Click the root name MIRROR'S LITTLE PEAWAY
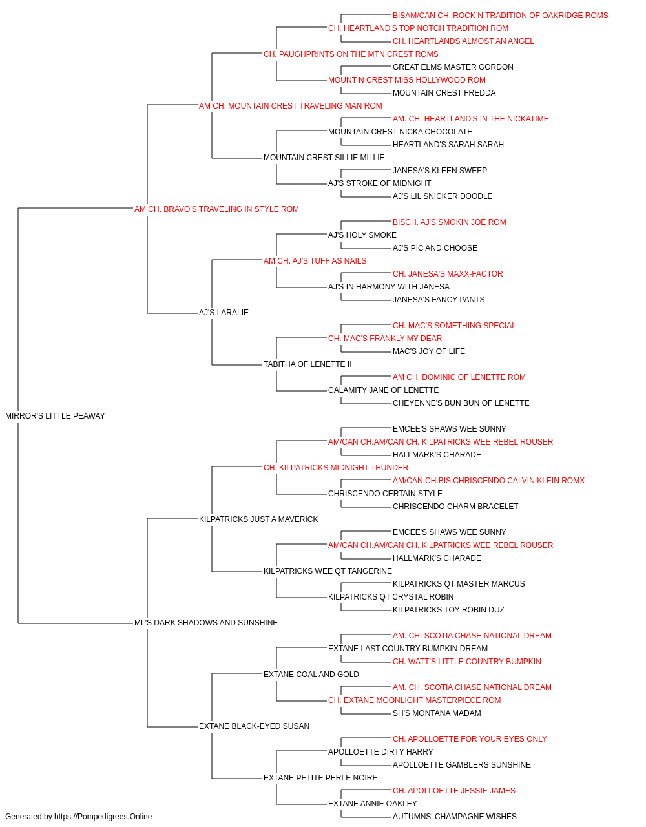55,416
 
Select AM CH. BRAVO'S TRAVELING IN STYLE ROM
216,209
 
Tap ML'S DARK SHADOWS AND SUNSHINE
206,623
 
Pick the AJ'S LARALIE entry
224,313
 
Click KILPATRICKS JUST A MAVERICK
258,519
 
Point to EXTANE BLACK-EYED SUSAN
254,726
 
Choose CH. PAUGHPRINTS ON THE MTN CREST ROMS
351,54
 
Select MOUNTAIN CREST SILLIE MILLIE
324,158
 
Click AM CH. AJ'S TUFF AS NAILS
315,261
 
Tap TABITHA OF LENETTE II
307,364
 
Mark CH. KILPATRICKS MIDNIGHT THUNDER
336,468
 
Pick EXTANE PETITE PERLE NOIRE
320,778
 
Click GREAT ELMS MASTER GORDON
453,67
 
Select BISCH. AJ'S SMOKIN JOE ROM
450,222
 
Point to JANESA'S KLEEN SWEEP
440,171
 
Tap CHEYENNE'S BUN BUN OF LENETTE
461,403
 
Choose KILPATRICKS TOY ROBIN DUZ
448,610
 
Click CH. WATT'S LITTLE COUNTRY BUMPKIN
467,662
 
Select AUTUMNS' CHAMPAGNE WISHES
455,817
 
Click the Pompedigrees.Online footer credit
78,817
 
